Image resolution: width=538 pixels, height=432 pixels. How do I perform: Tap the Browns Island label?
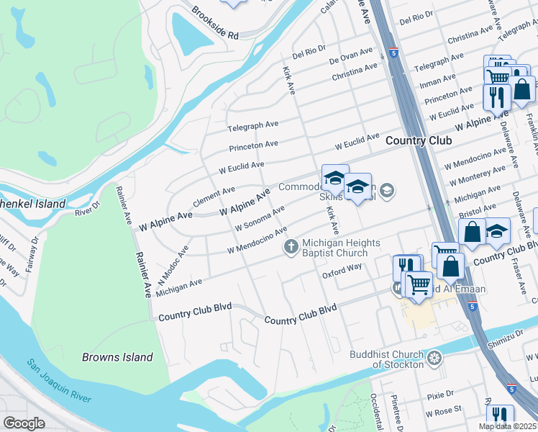(x=117, y=357)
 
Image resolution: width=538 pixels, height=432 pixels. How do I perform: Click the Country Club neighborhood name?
(x=418, y=140)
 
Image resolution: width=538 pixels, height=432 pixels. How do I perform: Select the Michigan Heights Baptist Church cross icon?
(x=291, y=247)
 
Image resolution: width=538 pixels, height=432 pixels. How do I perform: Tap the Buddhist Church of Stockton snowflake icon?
(x=434, y=358)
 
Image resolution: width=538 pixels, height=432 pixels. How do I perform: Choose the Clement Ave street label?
(x=214, y=194)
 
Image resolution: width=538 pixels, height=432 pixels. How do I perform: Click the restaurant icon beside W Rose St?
(x=499, y=416)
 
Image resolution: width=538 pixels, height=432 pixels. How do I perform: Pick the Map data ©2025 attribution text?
(x=508, y=426)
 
